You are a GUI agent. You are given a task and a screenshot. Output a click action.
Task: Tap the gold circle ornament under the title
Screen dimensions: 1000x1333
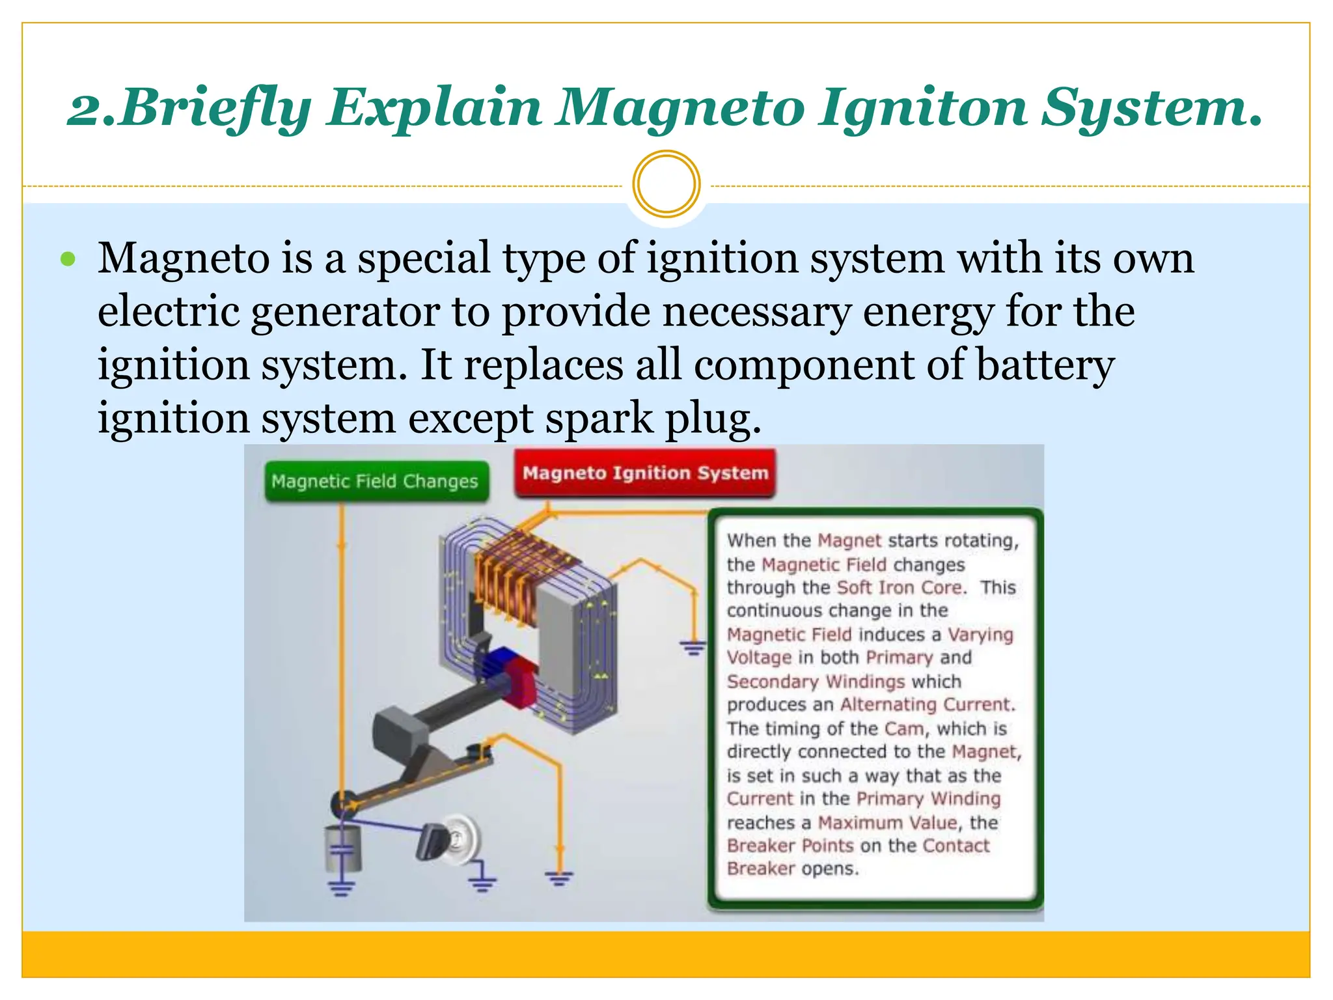(x=666, y=184)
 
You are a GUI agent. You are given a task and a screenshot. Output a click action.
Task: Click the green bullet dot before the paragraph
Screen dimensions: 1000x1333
(x=68, y=260)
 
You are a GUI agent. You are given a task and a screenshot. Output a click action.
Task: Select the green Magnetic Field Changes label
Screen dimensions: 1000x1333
(x=376, y=481)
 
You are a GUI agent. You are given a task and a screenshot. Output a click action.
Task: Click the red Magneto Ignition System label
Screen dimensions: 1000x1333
(x=645, y=473)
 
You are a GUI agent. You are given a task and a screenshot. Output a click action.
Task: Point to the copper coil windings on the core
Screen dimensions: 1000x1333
(x=514, y=573)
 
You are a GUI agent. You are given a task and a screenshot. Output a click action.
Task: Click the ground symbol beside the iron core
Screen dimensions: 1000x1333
(x=693, y=648)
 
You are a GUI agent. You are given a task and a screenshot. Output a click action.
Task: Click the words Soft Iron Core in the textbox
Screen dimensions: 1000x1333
(x=899, y=587)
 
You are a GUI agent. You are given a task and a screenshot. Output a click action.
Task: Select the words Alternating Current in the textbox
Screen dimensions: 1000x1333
(x=927, y=704)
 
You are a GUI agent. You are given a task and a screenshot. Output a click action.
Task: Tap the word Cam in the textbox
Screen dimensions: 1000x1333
(x=903, y=728)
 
